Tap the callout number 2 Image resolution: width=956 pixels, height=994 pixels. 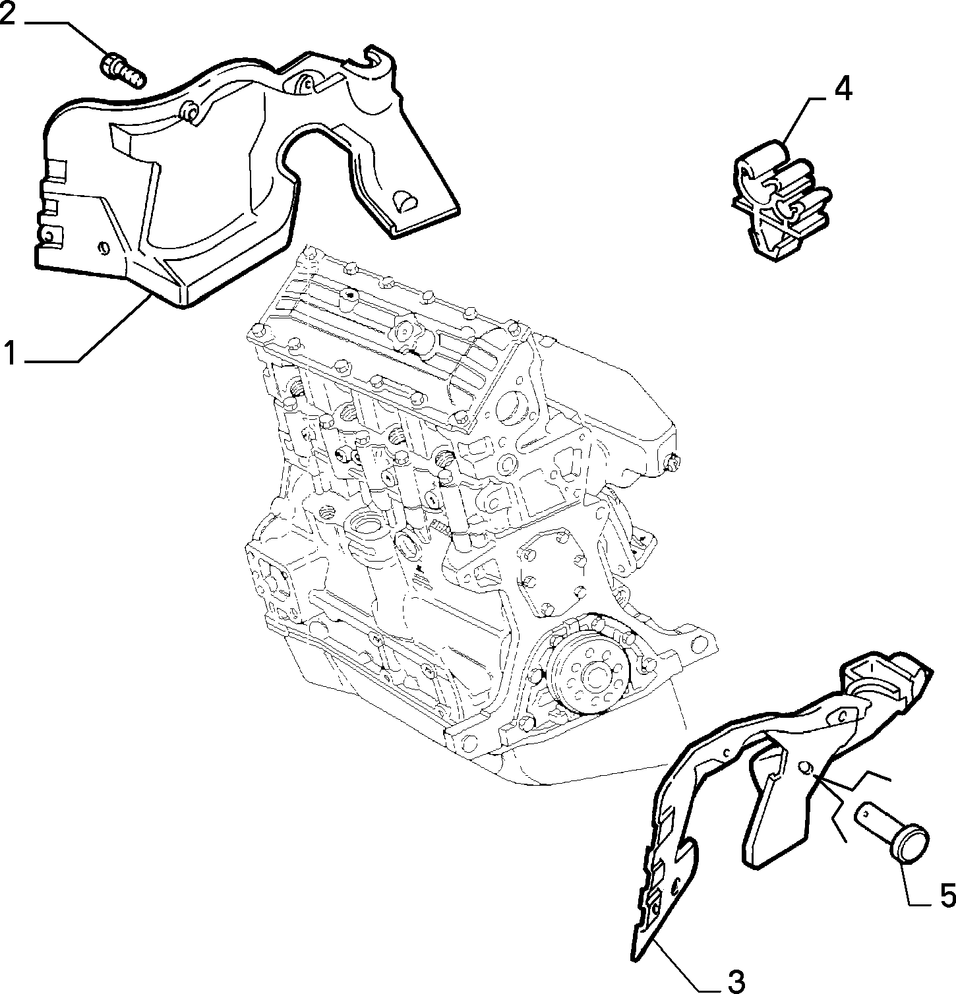(x=8, y=13)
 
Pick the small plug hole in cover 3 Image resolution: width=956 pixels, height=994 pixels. (x=806, y=767)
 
